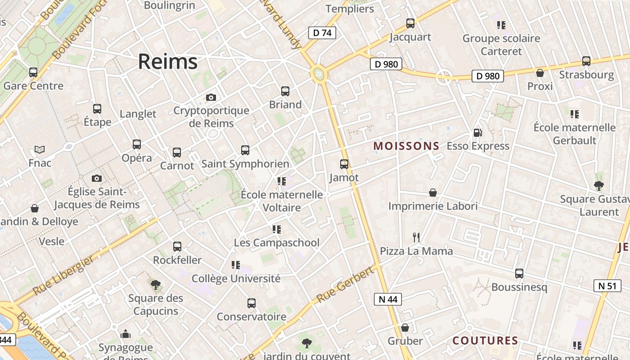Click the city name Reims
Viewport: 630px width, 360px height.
tap(167, 62)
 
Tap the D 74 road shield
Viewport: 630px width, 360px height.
tap(322, 32)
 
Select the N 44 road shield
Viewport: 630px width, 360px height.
tap(387, 299)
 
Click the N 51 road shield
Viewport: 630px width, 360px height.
tap(607, 285)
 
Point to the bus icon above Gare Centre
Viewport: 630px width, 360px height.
tap(33, 72)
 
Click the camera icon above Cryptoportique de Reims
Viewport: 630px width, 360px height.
tap(211, 97)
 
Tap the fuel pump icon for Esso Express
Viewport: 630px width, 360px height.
tap(477, 133)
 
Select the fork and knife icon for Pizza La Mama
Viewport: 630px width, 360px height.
tap(416, 237)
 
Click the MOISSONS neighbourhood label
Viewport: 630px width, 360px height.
tap(406, 146)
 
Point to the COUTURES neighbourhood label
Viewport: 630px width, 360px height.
tap(485, 341)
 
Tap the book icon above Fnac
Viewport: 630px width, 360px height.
tap(40, 149)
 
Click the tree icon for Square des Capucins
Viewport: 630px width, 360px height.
tap(156, 284)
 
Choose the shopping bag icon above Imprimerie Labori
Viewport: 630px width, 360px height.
tap(433, 193)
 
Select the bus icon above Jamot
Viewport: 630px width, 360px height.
tap(344, 164)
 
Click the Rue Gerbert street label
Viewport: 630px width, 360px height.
tap(345, 284)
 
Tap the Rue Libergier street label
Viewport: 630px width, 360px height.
tap(64, 275)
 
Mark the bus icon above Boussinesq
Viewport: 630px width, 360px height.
tap(519, 274)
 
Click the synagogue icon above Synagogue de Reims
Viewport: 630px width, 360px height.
tap(126, 334)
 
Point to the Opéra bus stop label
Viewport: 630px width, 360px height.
tap(137, 158)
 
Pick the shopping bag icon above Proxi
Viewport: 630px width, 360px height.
tap(540, 72)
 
